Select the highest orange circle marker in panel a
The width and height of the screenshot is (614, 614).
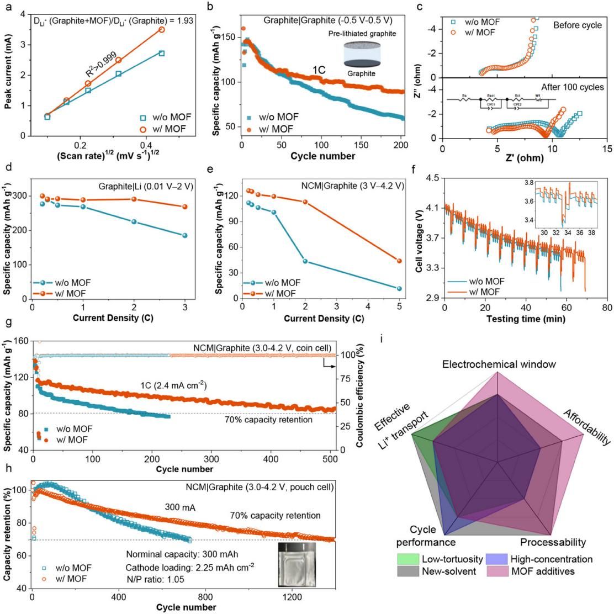click(x=161, y=29)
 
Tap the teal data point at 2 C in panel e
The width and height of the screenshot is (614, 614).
click(x=305, y=261)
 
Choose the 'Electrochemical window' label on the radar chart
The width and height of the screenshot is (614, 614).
click(x=498, y=364)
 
